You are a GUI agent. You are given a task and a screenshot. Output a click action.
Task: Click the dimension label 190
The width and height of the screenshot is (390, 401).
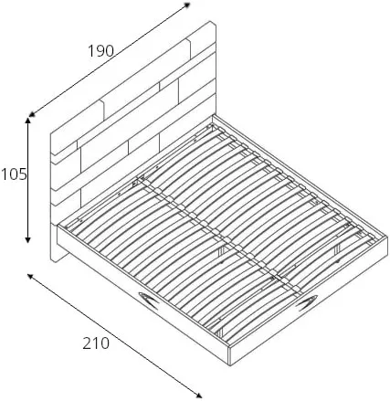[100, 51]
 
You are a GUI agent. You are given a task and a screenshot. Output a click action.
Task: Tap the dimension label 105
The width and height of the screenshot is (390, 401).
[14, 174]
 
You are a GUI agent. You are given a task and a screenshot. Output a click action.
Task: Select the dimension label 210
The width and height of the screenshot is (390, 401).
[96, 343]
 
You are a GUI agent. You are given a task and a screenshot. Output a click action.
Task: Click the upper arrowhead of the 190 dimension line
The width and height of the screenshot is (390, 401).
[187, 5]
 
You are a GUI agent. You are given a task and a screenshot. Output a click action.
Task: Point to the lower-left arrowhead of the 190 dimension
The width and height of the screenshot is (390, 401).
[31, 114]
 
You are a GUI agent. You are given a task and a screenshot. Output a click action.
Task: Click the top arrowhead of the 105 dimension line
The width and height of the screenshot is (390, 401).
[27, 121]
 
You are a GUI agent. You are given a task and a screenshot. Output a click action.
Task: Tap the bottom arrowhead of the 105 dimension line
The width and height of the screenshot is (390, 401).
[27, 239]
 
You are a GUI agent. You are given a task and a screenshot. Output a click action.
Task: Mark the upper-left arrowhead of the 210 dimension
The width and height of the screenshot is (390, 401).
[30, 276]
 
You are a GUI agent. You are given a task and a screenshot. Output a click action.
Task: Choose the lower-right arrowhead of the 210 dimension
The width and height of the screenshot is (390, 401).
[198, 396]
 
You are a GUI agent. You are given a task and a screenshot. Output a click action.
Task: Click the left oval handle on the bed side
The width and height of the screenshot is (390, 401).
[148, 300]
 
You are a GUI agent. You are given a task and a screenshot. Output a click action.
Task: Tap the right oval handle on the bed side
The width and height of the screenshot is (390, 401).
[308, 303]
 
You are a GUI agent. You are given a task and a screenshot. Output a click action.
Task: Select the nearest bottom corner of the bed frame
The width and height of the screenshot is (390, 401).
[230, 364]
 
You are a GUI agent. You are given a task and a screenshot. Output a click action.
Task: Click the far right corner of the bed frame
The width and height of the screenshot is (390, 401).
[387, 236]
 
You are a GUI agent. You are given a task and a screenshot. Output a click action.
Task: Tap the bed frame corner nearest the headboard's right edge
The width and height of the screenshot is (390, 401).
[213, 115]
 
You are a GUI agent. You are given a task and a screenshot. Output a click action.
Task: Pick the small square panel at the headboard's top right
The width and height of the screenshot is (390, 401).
[201, 36]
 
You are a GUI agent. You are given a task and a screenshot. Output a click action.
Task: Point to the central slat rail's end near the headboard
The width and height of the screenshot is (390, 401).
[142, 180]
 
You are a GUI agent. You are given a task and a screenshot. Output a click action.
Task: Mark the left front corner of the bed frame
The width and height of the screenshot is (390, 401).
[58, 226]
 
